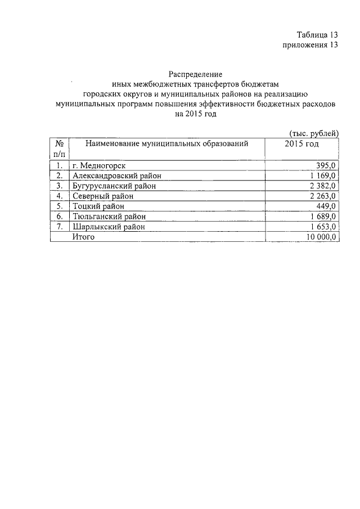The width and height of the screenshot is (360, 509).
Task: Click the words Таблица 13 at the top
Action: click(317, 35)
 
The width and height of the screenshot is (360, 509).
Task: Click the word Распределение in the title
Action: click(196, 74)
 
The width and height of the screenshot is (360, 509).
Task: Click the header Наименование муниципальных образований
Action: click(167, 144)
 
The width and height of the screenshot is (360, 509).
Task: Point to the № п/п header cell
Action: click(59, 149)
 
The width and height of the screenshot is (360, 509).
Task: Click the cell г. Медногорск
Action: click(99, 165)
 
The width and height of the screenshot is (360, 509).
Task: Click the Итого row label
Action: click(84, 236)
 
